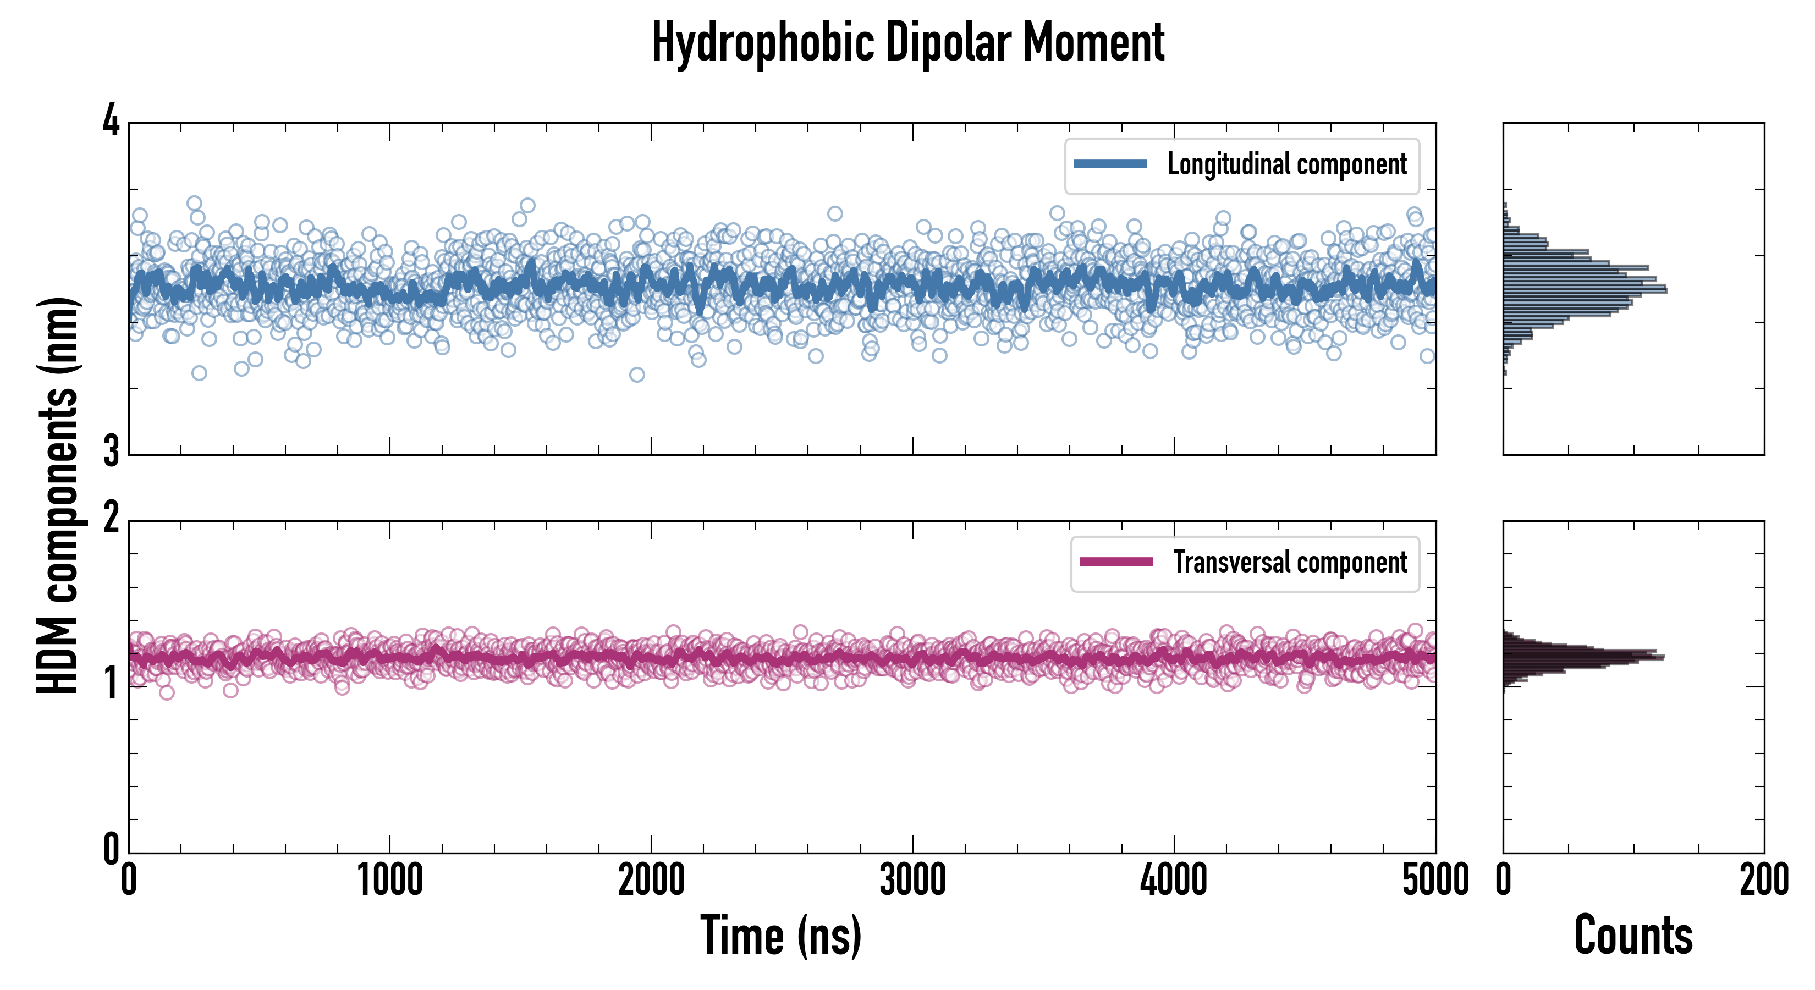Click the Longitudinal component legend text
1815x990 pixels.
point(1286,165)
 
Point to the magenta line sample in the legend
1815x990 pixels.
point(1116,562)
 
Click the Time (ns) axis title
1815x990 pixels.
point(780,936)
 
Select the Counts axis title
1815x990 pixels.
point(1632,936)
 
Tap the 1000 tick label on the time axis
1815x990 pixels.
point(389,881)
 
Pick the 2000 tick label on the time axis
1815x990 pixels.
point(651,881)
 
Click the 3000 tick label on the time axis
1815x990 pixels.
point(912,881)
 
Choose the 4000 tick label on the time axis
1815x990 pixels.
point(1174,881)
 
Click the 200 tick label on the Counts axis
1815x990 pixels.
point(1763,881)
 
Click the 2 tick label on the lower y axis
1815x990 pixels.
point(111,519)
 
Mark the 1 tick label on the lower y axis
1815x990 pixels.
point(111,684)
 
